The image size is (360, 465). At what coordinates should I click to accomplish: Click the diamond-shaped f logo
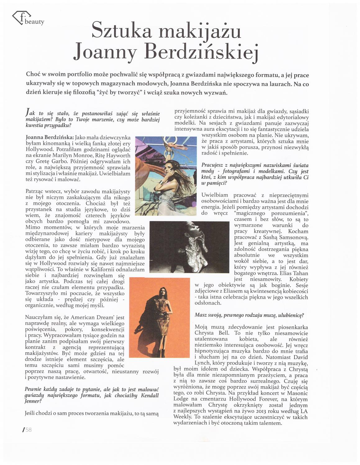(x=21, y=17)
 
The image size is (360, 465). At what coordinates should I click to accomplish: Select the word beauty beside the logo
(x=34, y=22)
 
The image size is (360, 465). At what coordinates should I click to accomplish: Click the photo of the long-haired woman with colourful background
(x=166, y=176)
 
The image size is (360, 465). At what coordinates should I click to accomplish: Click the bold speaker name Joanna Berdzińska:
(x=50, y=137)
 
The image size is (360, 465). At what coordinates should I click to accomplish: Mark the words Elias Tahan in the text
(x=294, y=273)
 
